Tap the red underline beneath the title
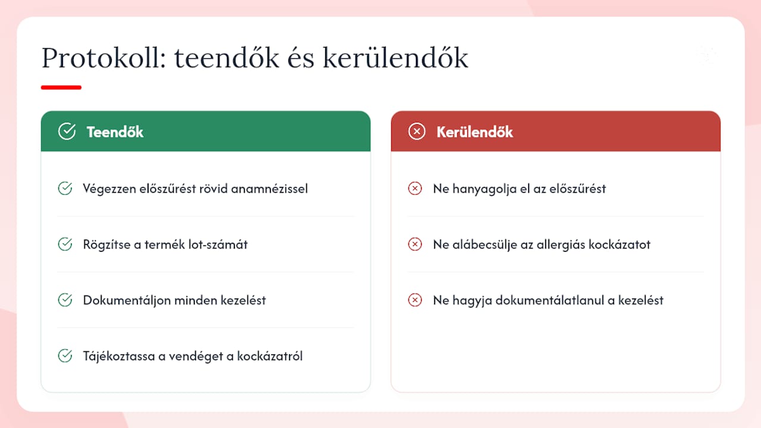(x=61, y=87)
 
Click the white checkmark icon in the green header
(x=67, y=131)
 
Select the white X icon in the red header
(x=417, y=131)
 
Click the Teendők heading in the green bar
(x=115, y=132)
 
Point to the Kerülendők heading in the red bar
(x=474, y=132)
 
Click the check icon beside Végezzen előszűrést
(x=65, y=188)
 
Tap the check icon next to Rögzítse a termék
(x=65, y=244)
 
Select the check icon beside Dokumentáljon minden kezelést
(x=65, y=300)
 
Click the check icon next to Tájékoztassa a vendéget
(x=65, y=355)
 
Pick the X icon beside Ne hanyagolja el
(x=415, y=188)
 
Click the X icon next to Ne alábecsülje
(x=415, y=244)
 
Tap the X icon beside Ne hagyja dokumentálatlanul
(x=415, y=300)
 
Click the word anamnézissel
(x=269, y=189)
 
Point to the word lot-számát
(x=218, y=244)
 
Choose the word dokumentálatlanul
(x=549, y=301)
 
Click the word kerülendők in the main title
(x=395, y=58)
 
